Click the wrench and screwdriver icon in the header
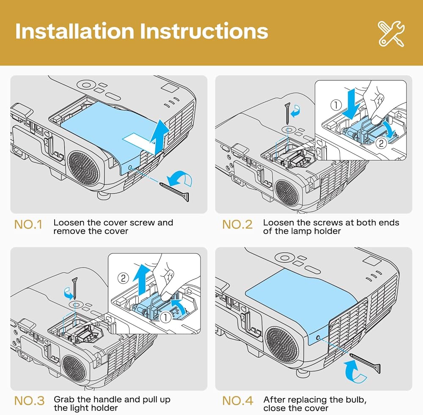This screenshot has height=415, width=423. point(391,34)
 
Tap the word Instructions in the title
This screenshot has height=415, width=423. point(204,31)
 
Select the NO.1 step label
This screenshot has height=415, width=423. point(28,225)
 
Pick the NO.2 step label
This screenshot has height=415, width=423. point(237,225)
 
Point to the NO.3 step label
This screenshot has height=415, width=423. point(29,401)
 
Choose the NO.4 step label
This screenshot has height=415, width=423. point(238,401)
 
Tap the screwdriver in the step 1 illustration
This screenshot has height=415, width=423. point(175,192)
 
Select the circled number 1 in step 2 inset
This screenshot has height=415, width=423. point(336,105)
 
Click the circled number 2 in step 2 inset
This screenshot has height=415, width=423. point(381,143)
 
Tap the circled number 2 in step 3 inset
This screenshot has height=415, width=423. point(123,278)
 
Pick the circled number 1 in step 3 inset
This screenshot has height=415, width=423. point(165,317)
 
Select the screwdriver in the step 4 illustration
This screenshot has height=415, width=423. point(365,363)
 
